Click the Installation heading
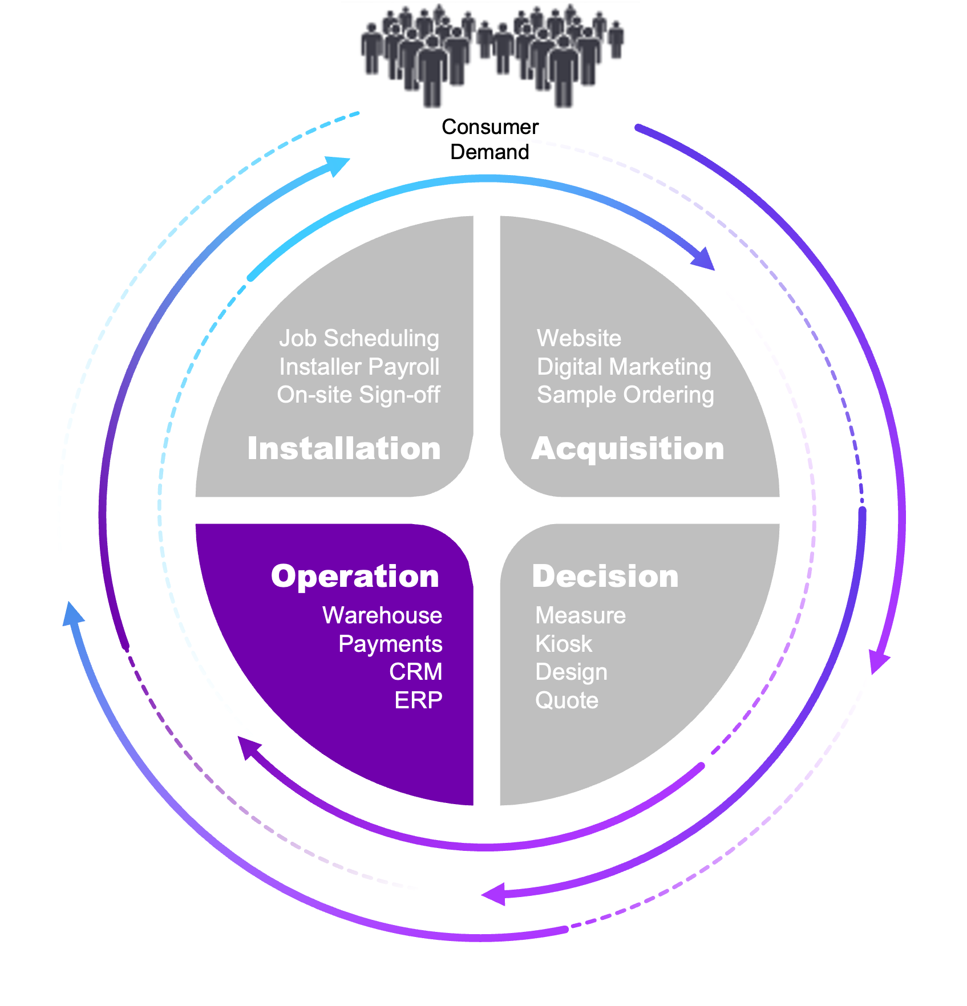point(344,448)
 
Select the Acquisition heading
point(628,448)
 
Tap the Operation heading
point(355,576)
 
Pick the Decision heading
point(605,576)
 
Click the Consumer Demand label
point(489,139)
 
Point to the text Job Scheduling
point(359,338)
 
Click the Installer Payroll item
point(359,367)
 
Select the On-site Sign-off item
point(358,395)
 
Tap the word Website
point(578,338)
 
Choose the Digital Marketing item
point(624,367)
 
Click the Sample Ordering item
point(625,395)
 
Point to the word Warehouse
point(382,615)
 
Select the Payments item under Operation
point(390,644)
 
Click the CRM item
point(415,672)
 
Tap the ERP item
point(418,700)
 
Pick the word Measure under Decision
point(580,615)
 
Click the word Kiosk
point(564,644)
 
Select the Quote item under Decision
point(567,700)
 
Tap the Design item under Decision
point(571,672)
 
